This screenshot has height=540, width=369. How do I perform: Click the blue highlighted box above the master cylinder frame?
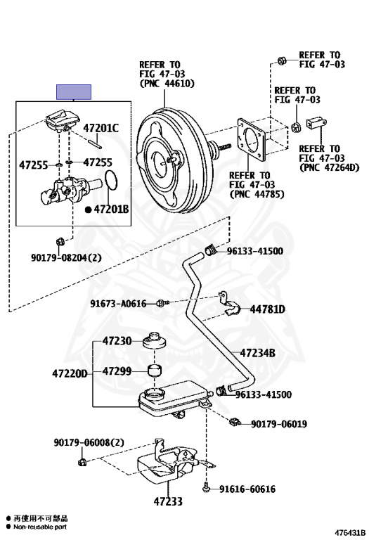[74, 92]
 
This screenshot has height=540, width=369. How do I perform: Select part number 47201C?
[101, 128]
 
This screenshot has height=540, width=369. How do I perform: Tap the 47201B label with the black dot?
[107, 209]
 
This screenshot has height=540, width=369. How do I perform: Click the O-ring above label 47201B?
[111, 179]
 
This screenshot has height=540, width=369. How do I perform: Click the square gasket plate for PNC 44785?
[252, 140]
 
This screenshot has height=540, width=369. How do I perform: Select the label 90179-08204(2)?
[66, 257]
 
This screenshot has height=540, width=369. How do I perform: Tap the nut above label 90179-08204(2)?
[59, 242]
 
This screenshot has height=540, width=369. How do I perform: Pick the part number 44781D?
[268, 309]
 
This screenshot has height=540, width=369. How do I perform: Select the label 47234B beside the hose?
[257, 353]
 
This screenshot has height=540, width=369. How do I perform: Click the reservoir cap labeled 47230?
[155, 341]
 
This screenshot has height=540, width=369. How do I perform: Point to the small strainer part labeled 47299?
[155, 371]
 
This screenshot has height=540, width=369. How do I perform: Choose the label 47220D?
[70, 373]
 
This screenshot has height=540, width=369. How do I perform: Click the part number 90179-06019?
[279, 423]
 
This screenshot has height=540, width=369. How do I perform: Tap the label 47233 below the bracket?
[168, 501]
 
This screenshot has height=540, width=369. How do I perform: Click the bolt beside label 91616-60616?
[206, 488]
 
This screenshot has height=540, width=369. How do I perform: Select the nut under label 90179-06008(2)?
[82, 462]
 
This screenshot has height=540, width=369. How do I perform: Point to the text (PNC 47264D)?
[330, 167]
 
